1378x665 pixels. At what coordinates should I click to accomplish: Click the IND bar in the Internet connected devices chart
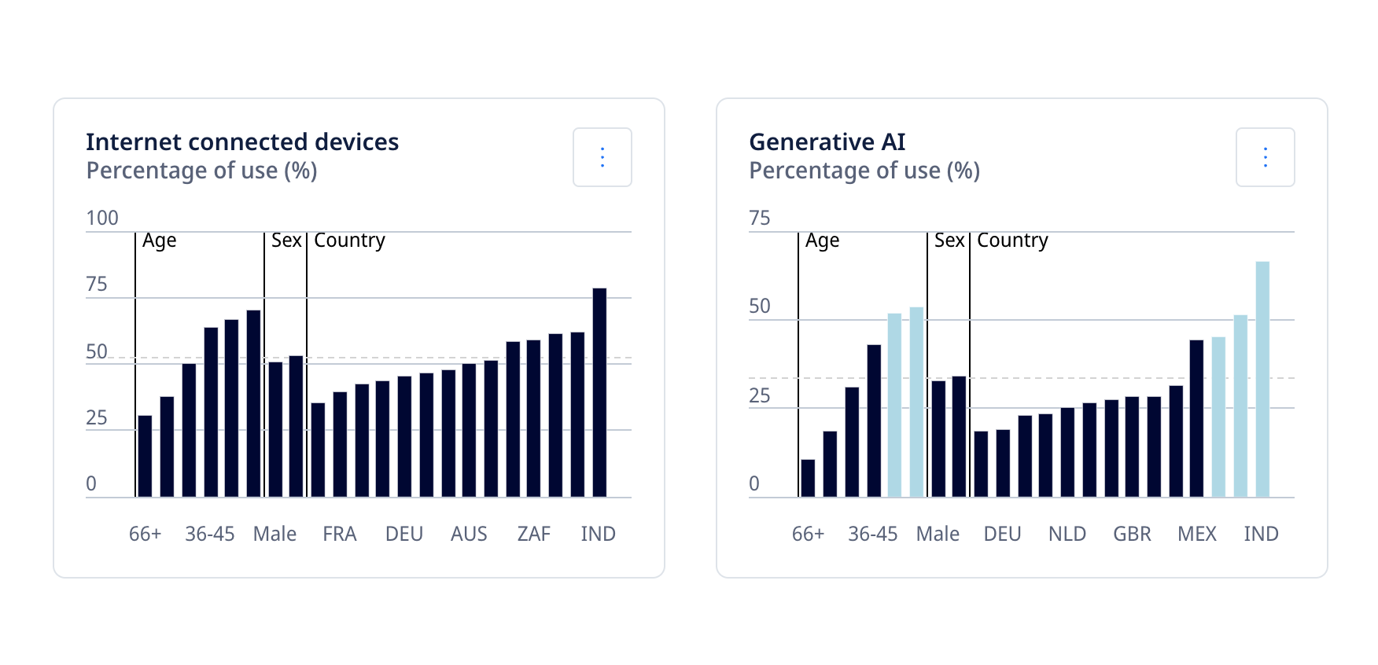[x=599, y=392]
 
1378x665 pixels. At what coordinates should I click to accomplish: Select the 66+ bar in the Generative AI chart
[x=808, y=478]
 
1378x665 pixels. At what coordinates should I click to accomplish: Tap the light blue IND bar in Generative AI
[x=1262, y=379]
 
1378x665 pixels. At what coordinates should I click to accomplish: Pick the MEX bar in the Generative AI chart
[x=1196, y=418]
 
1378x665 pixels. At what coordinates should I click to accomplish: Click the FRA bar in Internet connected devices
[x=318, y=450]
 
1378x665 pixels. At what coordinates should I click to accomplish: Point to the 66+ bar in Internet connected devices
[x=145, y=456]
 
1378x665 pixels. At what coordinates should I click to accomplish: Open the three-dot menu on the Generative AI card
[x=1265, y=157]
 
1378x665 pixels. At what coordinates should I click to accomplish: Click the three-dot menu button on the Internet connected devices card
[x=602, y=157]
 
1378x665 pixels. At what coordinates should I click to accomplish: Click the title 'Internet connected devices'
[x=242, y=142]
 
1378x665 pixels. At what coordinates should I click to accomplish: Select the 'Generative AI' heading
[x=827, y=142]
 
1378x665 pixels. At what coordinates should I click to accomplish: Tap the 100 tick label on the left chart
[x=102, y=218]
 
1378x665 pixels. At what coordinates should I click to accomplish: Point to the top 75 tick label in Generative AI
[x=759, y=218]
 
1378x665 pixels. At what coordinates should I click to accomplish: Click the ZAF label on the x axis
[x=533, y=535]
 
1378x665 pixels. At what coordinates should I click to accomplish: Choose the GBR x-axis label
[x=1132, y=535]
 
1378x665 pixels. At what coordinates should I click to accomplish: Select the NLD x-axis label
[x=1067, y=535]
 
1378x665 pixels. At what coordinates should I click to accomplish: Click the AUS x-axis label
[x=469, y=535]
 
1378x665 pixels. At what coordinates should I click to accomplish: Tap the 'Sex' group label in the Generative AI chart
[x=949, y=241]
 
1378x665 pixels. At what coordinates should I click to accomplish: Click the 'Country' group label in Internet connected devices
[x=349, y=241]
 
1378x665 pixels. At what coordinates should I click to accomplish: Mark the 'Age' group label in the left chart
[x=159, y=241]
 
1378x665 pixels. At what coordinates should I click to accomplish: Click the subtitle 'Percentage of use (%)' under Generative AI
[x=864, y=171]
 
